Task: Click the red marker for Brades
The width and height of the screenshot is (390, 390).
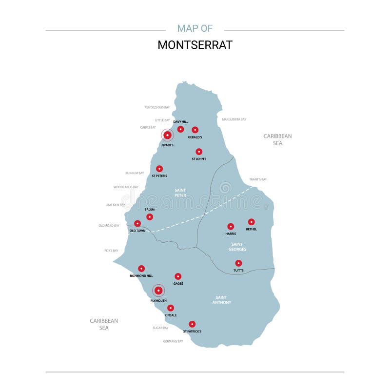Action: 167,135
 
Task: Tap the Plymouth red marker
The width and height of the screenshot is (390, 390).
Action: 158,291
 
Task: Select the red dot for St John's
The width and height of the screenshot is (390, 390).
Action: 199,152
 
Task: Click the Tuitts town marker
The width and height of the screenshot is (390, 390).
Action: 238,263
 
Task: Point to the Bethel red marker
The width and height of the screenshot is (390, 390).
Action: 252,222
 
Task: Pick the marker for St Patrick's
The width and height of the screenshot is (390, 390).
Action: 192,324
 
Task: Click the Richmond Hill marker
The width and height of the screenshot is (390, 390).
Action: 141,268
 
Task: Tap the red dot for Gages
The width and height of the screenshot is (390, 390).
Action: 178,276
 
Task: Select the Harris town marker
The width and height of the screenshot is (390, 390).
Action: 231,226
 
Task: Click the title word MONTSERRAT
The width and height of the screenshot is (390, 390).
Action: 195,45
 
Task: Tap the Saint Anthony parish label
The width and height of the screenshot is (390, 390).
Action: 221,300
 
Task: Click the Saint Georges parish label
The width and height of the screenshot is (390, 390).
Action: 237,247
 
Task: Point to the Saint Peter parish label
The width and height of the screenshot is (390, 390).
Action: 180,193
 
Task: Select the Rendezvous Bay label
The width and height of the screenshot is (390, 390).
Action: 157,107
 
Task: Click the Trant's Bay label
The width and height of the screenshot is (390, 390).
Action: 258,179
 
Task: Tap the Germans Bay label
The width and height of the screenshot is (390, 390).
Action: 173,341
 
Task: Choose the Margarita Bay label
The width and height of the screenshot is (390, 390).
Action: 234,119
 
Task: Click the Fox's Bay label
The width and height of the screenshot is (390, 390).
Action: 111,251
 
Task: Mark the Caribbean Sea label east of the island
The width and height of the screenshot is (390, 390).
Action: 277,139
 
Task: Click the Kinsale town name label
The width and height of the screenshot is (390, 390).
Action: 171,315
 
